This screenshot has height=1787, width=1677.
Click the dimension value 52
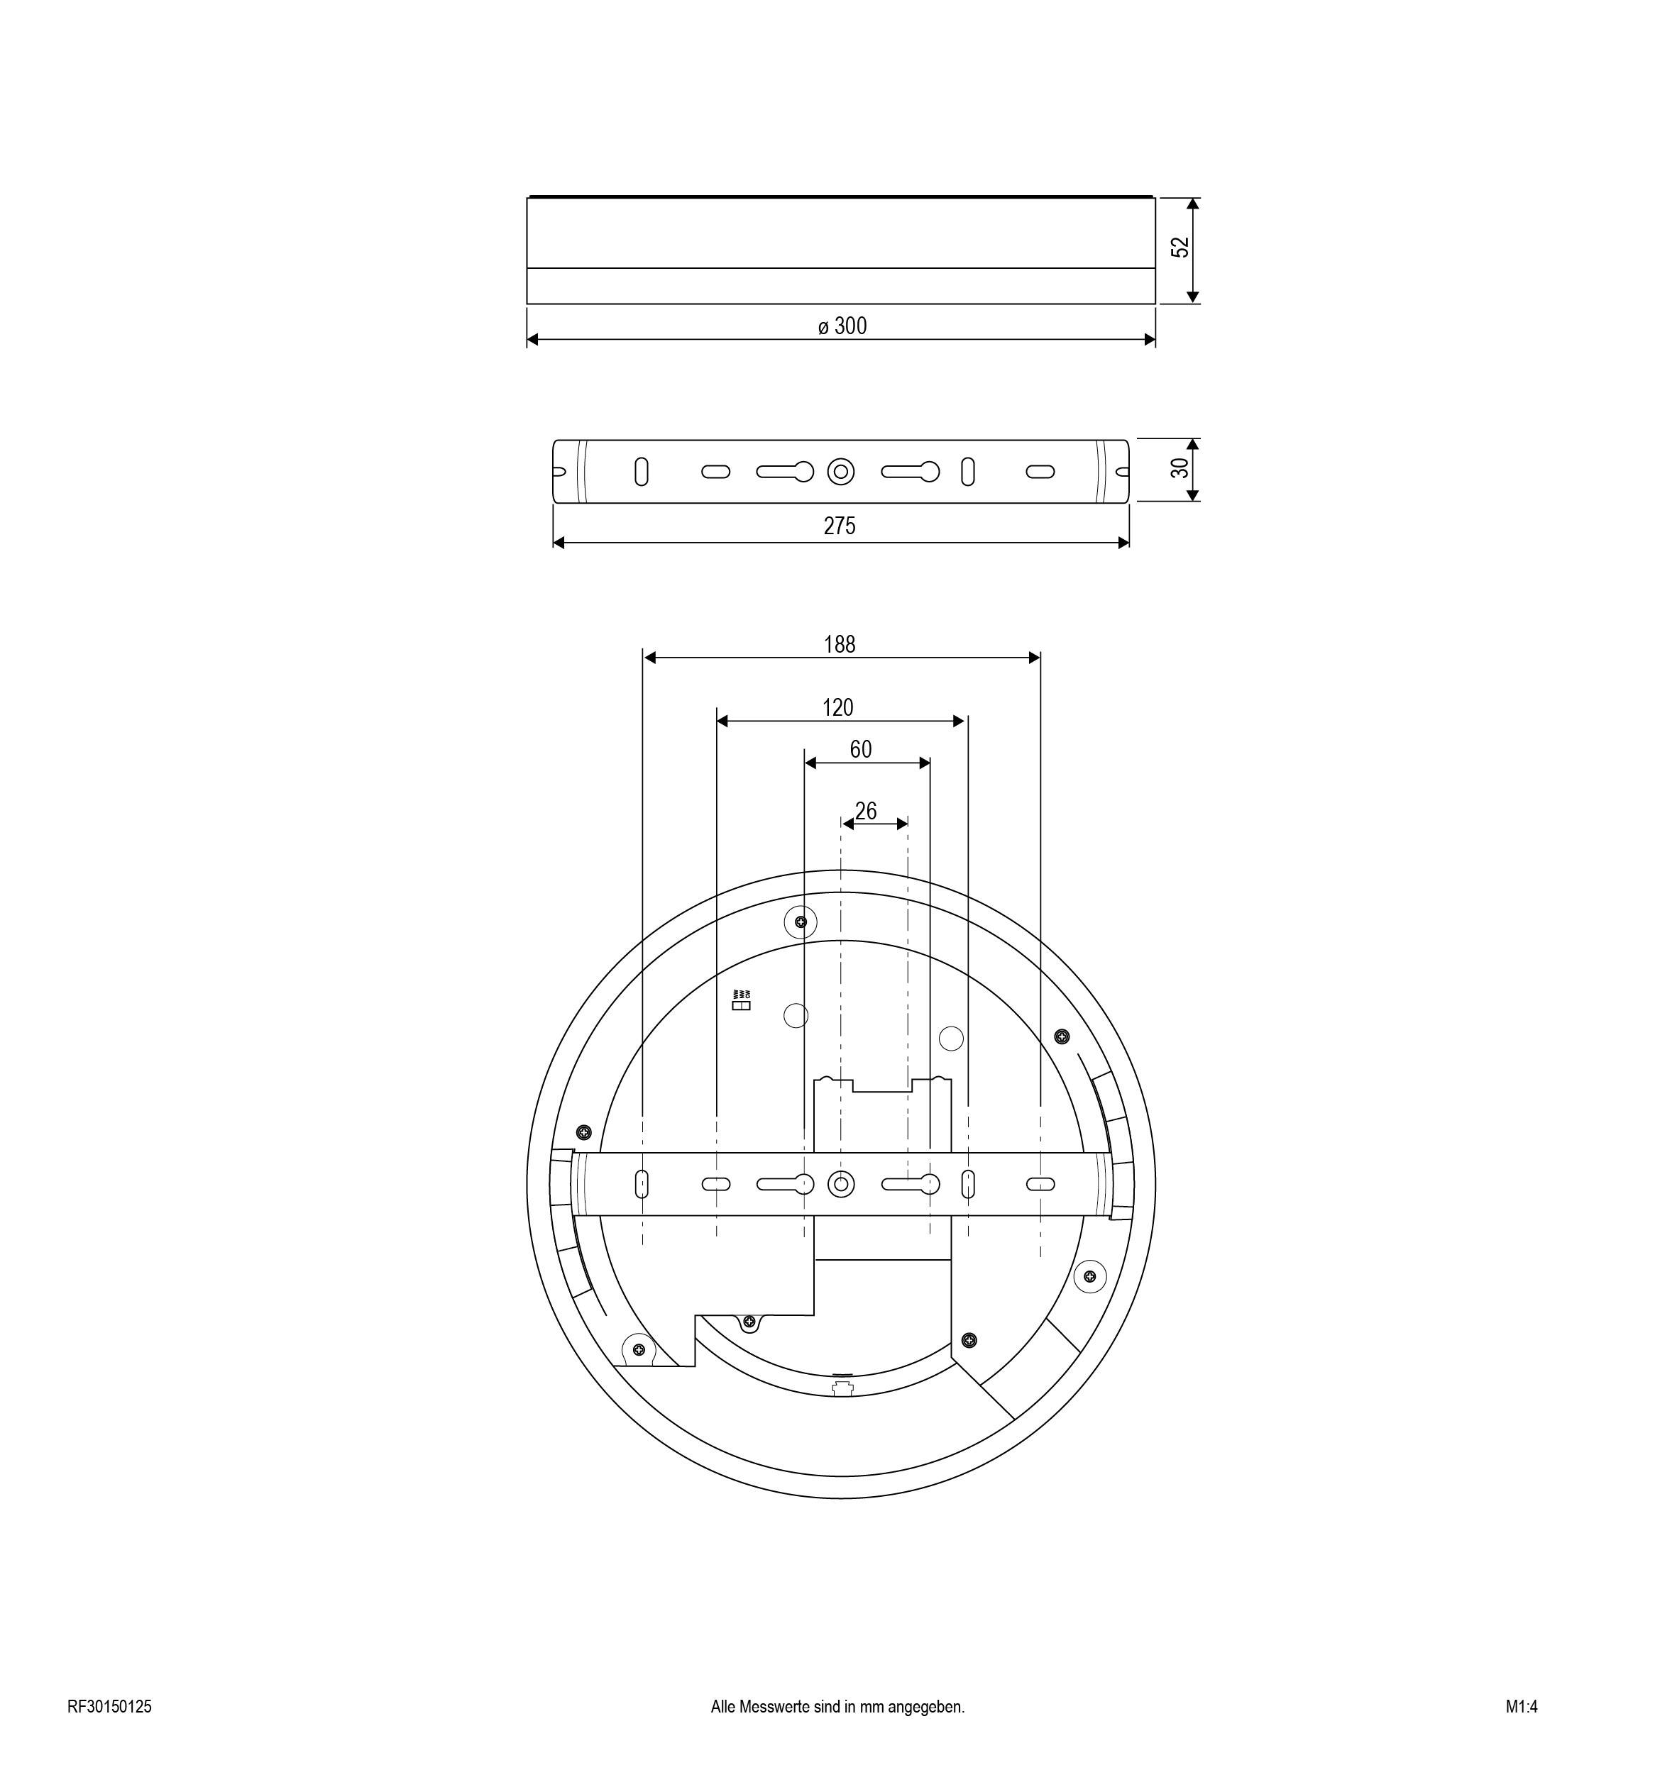(x=1180, y=247)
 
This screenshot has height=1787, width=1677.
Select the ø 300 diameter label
(x=842, y=326)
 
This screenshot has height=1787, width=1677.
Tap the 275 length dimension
(x=840, y=526)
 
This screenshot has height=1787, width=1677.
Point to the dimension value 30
(x=1180, y=468)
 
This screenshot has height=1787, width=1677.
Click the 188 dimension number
(x=840, y=645)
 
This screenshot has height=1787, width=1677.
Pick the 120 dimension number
(x=838, y=708)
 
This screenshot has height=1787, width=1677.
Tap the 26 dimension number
(x=865, y=812)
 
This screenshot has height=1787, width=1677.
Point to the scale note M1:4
(x=1522, y=1707)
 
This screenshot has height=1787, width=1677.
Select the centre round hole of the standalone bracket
(x=841, y=471)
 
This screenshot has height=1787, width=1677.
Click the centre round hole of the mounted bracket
(x=841, y=1185)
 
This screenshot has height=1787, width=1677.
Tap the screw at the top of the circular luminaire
(x=801, y=922)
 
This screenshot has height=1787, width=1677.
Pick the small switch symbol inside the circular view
(x=742, y=1006)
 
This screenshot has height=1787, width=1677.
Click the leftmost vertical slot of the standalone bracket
(x=641, y=471)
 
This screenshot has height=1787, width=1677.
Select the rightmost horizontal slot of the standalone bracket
(x=1040, y=471)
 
